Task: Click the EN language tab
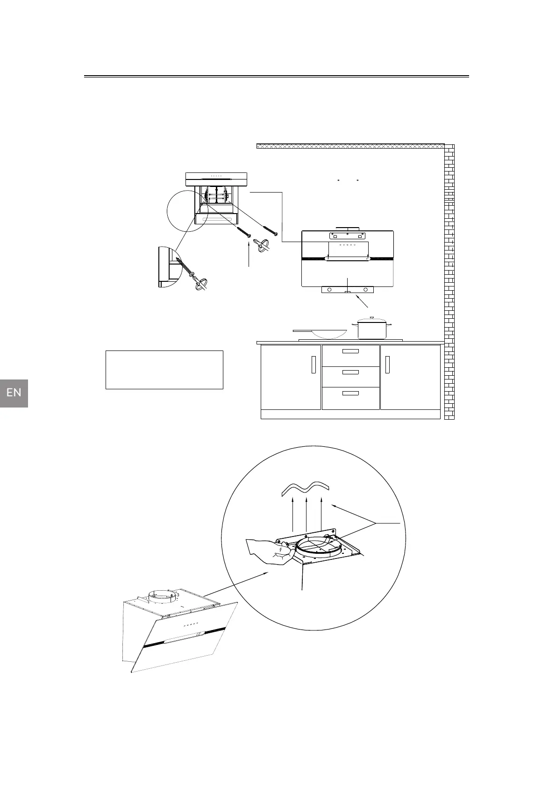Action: click(x=14, y=393)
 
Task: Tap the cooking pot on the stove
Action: click(x=371, y=329)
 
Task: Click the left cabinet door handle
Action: click(x=313, y=365)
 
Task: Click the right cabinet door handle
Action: click(x=387, y=365)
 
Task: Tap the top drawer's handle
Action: click(x=350, y=351)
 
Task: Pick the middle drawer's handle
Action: click(x=350, y=372)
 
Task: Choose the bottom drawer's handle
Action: click(x=350, y=393)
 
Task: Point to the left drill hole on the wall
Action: click(x=338, y=180)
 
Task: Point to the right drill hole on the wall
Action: click(x=357, y=180)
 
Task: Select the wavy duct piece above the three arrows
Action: click(x=305, y=488)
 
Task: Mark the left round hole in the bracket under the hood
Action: click(x=330, y=290)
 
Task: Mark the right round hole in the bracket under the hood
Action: click(x=365, y=290)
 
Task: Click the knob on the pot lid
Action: click(x=371, y=318)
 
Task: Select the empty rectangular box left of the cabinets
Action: click(x=164, y=370)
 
